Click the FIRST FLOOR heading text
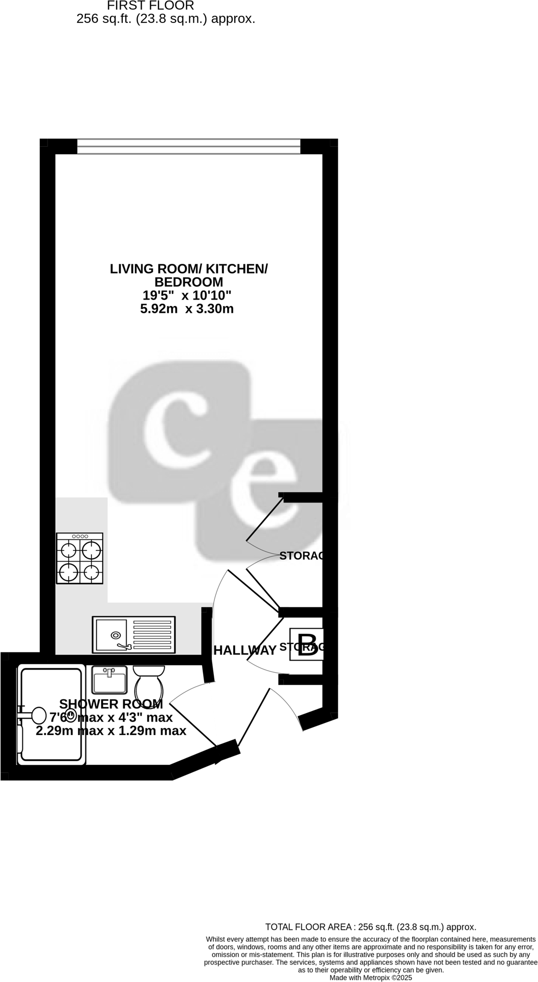pyautogui.click(x=150, y=6)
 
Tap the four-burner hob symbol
pyautogui.click(x=80, y=558)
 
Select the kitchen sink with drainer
pyautogui.click(x=133, y=634)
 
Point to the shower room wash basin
pyautogui.click(x=109, y=679)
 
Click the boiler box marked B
pyautogui.click(x=306, y=644)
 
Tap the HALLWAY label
pyautogui.click(x=244, y=650)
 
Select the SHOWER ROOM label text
pyautogui.click(x=111, y=704)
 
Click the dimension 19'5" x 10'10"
pyautogui.click(x=187, y=295)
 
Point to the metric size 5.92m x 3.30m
pyautogui.click(x=187, y=308)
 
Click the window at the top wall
pyautogui.click(x=189, y=146)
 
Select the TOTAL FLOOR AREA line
pyautogui.click(x=370, y=927)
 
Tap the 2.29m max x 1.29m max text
pyautogui.click(x=111, y=731)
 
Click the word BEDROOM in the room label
pyautogui.click(x=189, y=282)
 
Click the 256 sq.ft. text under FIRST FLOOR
pyautogui.click(x=165, y=19)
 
